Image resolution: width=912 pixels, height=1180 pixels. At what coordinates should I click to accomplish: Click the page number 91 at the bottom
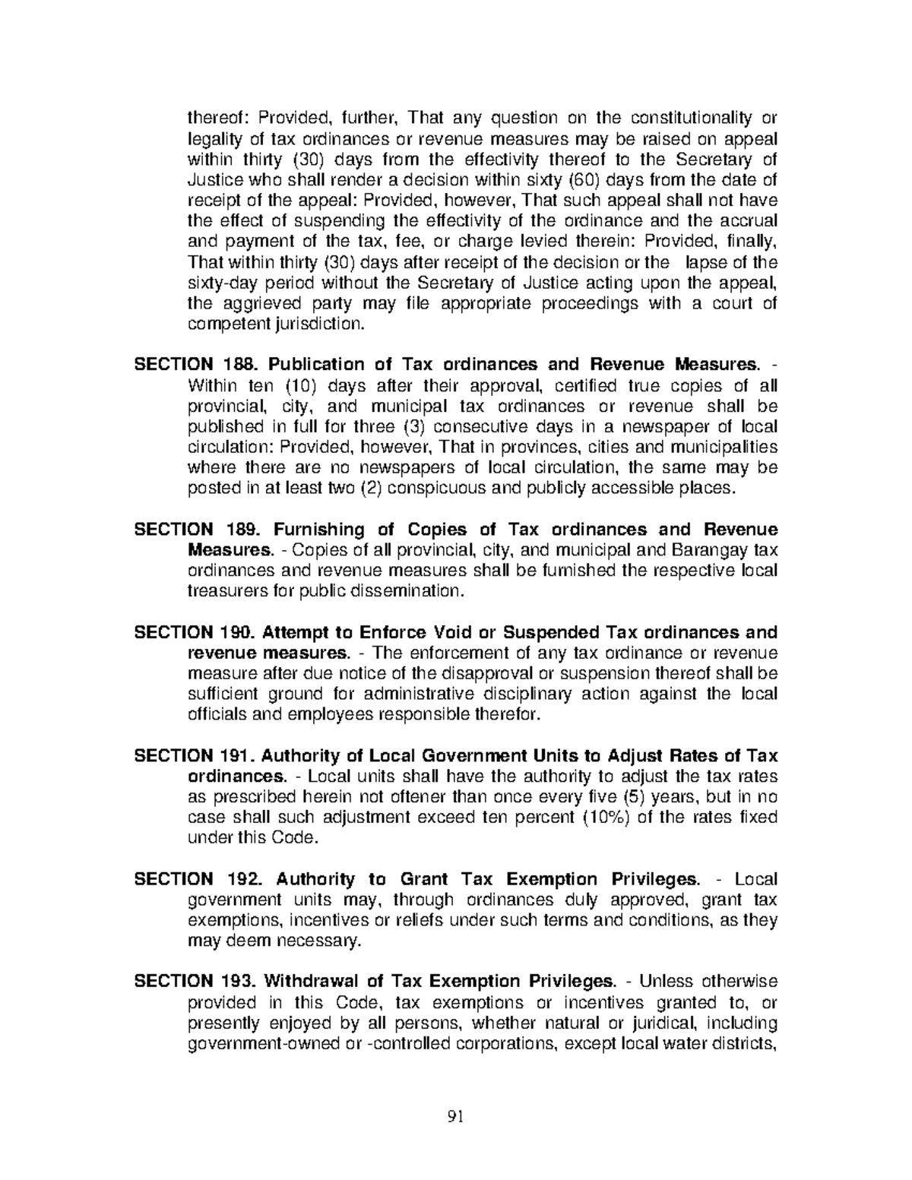point(456,1117)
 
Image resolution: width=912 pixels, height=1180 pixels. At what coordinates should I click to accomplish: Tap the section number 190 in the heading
point(239,633)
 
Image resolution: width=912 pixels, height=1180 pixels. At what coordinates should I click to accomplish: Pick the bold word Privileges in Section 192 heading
point(654,880)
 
